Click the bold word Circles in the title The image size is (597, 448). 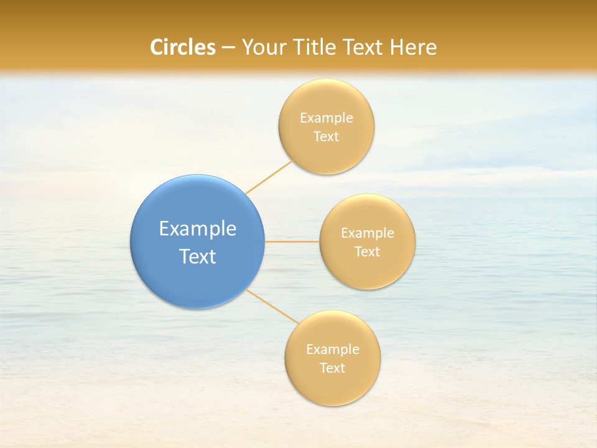click(x=182, y=47)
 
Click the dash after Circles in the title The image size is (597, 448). click(x=228, y=48)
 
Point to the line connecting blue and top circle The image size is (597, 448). click(x=269, y=177)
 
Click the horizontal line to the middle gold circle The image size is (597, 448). click(x=292, y=241)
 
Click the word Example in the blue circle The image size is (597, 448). click(x=197, y=229)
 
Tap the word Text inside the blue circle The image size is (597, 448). click(x=197, y=256)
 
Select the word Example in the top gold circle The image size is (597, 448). click(x=326, y=118)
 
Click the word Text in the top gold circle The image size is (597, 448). click(x=326, y=137)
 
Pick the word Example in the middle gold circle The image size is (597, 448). click(x=367, y=233)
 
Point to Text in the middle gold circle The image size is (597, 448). click(x=367, y=252)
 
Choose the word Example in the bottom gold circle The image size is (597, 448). click(x=332, y=350)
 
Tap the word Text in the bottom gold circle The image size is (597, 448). click(x=332, y=368)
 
